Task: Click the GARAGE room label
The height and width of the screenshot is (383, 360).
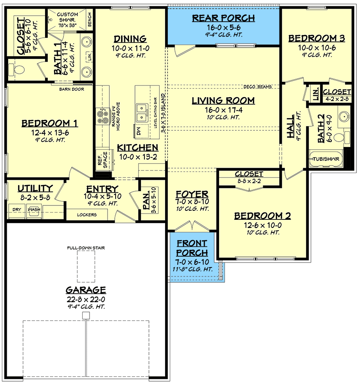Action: (x=86, y=290)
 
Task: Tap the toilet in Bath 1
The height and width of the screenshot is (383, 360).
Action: (x=17, y=70)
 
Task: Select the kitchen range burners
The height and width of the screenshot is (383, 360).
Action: (x=103, y=117)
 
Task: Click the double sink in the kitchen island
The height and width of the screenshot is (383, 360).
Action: (x=142, y=112)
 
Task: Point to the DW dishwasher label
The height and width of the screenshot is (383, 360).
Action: (x=139, y=131)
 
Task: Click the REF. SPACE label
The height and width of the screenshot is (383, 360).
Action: (x=103, y=160)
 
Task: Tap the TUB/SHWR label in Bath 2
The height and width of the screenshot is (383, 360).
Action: (x=326, y=159)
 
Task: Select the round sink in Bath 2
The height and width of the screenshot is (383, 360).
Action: (x=344, y=116)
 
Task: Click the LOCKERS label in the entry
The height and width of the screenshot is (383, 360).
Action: (x=87, y=215)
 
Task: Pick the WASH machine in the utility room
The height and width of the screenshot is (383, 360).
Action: (x=34, y=211)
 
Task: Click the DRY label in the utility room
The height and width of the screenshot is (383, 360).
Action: (x=17, y=209)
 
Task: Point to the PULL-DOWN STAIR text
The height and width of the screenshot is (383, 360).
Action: (x=86, y=248)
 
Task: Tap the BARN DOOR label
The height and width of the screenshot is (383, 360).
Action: (x=72, y=89)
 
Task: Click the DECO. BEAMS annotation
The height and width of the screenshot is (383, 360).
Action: (x=257, y=87)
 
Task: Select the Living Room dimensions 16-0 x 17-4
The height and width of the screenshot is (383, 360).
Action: (x=224, y=110)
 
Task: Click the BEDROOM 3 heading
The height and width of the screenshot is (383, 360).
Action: (x=317, y=38)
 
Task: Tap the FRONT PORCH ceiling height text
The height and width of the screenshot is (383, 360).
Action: (x=193, y=269)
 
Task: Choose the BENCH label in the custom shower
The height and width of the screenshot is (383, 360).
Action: (x=90, y=19)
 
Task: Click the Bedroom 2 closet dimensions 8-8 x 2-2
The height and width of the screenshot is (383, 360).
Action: (x=249, y=181)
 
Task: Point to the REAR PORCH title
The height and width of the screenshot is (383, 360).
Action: (x=223, y=18)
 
